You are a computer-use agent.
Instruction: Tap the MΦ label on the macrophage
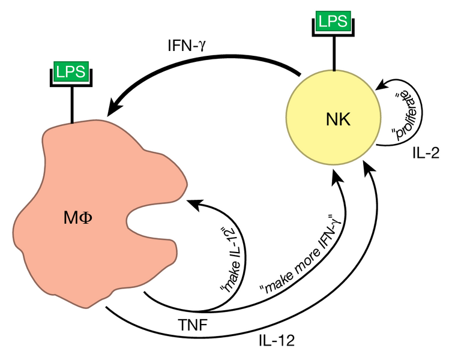click(78, 218)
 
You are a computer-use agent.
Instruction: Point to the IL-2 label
click(427, 153)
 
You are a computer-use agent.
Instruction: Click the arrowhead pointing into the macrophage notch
click(193, 204)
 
